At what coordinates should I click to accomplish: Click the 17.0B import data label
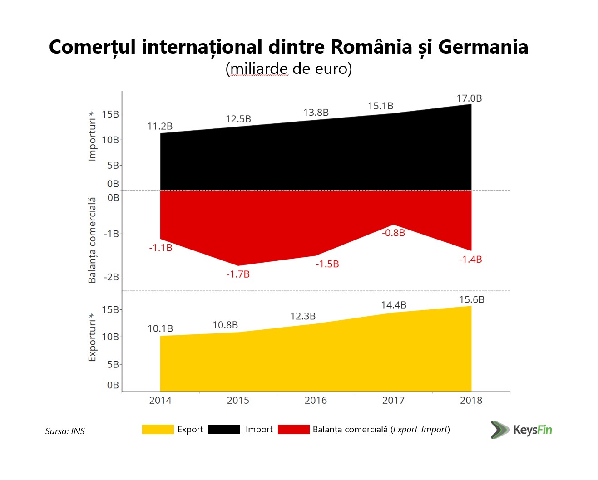(469, 98)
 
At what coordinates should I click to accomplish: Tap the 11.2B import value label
(160, 126)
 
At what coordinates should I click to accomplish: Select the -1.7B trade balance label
(238, 274)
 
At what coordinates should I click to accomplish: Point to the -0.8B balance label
(393, 233)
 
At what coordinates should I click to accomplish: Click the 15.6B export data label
(471, 300)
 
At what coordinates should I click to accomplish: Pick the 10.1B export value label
(160, 328)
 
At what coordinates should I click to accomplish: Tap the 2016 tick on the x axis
(316, 400)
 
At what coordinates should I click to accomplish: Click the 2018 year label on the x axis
(471, 400)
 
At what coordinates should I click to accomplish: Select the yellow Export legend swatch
(158, 430)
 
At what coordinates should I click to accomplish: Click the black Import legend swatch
(224, 430)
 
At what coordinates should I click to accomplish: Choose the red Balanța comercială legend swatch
(293, 430)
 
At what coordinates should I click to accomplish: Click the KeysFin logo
(521, 430)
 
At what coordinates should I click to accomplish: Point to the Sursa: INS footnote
(65, 431)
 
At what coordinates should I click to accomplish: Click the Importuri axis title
(92, 139)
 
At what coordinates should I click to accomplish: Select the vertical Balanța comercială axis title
(92, 240)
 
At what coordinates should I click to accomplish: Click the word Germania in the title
(483, 47)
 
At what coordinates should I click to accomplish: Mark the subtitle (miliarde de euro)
(289, 69)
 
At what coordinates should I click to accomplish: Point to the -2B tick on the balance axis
(112, 277)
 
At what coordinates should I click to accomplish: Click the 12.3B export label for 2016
(303, 316)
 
